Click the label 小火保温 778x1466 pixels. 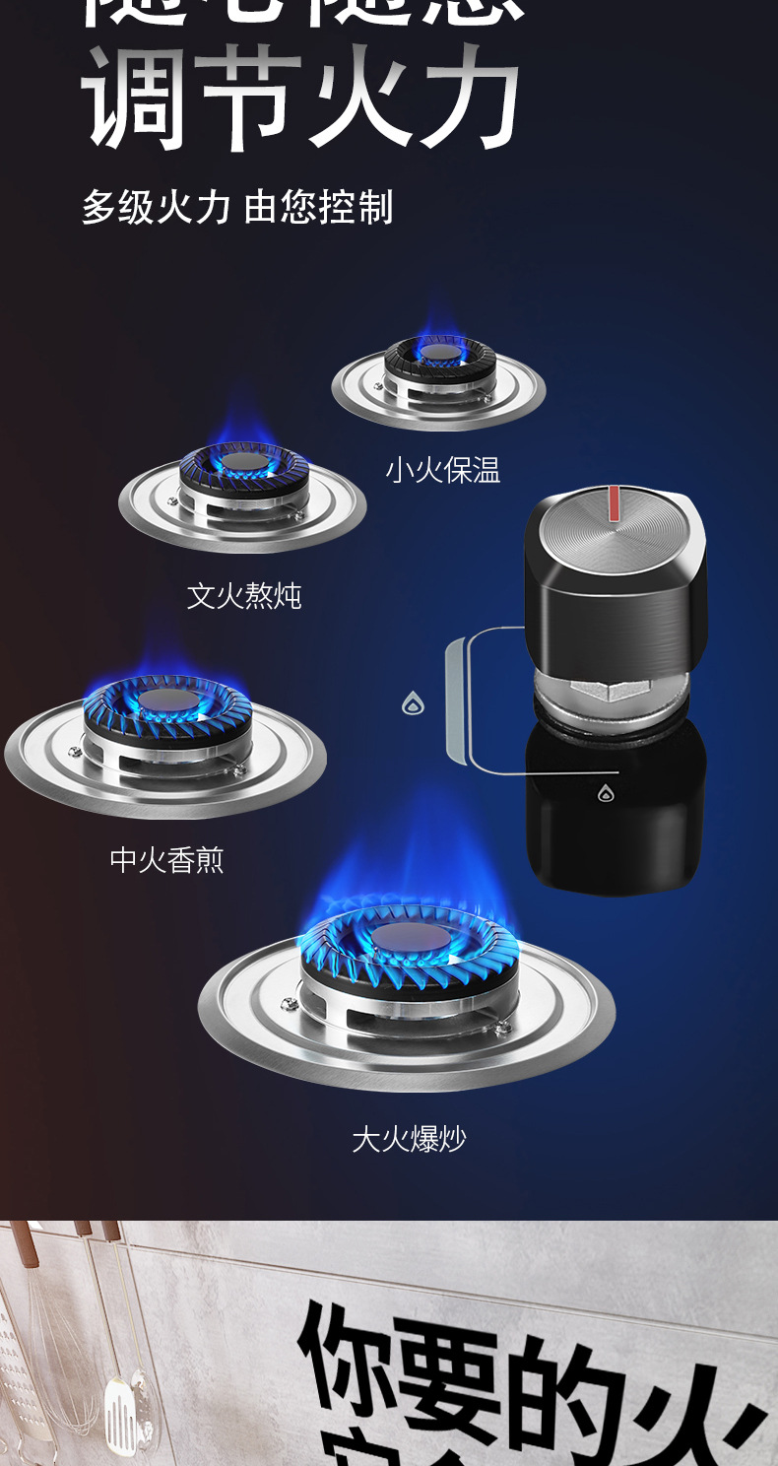pyautogui.click(x=442, y=470)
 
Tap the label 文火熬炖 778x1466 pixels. pyautogui.click(x=244, y=595)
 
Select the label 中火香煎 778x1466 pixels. pyautogui.click(x=166, y=860)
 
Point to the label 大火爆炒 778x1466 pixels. pyautogui.click(x=409, y=1139)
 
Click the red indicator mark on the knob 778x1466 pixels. pyautogui.click(x=615, y=502)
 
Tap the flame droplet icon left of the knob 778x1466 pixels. pyautogui.click(x=413, y=702)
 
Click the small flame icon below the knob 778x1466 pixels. pyautogui.click(x=606, y=792)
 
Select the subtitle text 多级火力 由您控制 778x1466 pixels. pyautogui.click(x=237, y=207)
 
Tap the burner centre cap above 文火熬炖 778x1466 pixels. pyautogui.click(x=243, y=460)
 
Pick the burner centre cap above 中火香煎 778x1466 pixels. pyautogui.click(x=166, y=700)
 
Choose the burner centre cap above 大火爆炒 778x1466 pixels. pyautogui.click(x=408, y=937)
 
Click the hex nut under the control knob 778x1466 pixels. pyautogui.click(x=611, y=688)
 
